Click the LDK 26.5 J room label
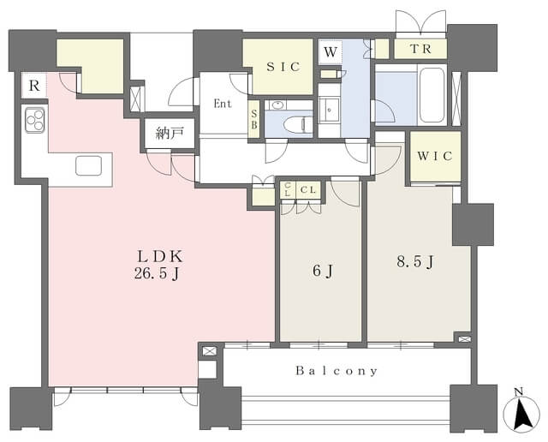click(159, 265)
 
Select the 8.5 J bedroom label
click(415, 261)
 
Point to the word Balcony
click(337, 371)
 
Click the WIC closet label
click(435, 156)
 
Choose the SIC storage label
click(283, 67)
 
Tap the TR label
click(420, 49)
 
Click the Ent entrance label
click(223, 104)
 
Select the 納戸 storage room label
click(170, 134)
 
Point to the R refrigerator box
click(34, 86)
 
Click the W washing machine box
click(330, 51)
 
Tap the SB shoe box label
click(254, 119)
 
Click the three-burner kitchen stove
click(35, 120)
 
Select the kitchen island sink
click(89, 165)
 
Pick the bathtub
click(432, 95)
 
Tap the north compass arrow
click(523, 415)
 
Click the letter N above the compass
click(519, 392)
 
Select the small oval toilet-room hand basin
click(277, 105)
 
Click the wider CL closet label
click(308, 190)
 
